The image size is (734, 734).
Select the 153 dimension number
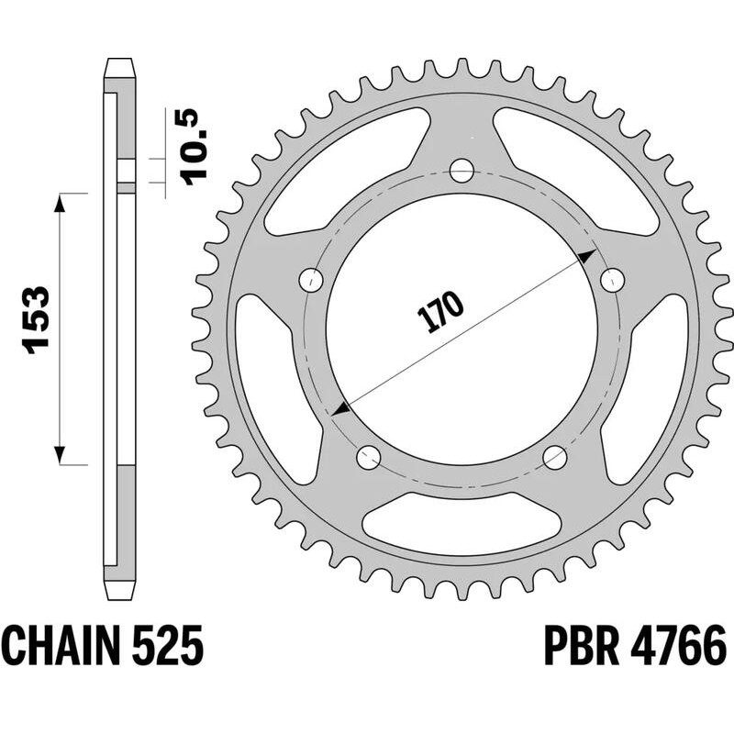coord(35,320)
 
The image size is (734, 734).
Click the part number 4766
coord(677,646)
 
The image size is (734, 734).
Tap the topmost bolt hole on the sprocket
coord(462,171)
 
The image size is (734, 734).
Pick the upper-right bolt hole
coord(609,278)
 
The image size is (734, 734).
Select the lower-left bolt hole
coord(368,456)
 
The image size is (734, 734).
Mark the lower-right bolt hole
coord(555,456)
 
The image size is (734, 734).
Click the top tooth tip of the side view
coord(120,67)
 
